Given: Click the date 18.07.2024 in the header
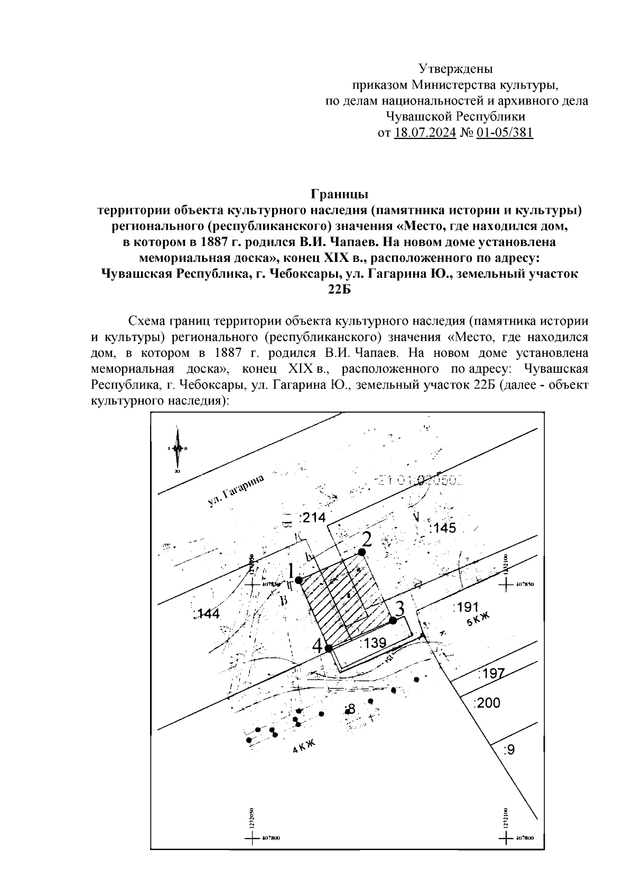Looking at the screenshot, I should [x=425, y=132].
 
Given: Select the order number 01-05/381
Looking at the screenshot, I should [x=505, y=132].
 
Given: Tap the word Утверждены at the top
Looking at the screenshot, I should [x=455, y=69].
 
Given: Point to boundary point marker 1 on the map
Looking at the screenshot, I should [x=299, y=580].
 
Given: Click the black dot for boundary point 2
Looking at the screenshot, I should [x=362, y=552].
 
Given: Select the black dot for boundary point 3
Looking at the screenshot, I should [x=393, y=620].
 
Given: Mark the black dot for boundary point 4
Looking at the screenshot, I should [x=328, y=648].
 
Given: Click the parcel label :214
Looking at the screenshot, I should [x=313, y=518].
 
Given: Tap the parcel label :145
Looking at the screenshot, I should [x=442, y=528].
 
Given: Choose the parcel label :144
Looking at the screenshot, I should [x=207, y=614].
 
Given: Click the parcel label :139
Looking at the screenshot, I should [x=373, y=643].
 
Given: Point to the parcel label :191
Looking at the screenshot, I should [x=466, y=607].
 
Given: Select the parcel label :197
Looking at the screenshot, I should [x=491, y=673].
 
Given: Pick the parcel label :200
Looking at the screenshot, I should [x=487, y=703].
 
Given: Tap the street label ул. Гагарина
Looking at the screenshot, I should [x=234, y=491].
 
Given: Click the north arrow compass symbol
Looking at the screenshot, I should [x=178, y=449].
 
